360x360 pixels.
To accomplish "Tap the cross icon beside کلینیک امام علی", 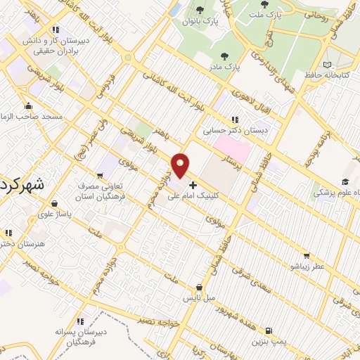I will (193, 185).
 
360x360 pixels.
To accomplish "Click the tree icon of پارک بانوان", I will (200, 10).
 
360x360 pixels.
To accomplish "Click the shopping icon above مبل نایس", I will (200, 287).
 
